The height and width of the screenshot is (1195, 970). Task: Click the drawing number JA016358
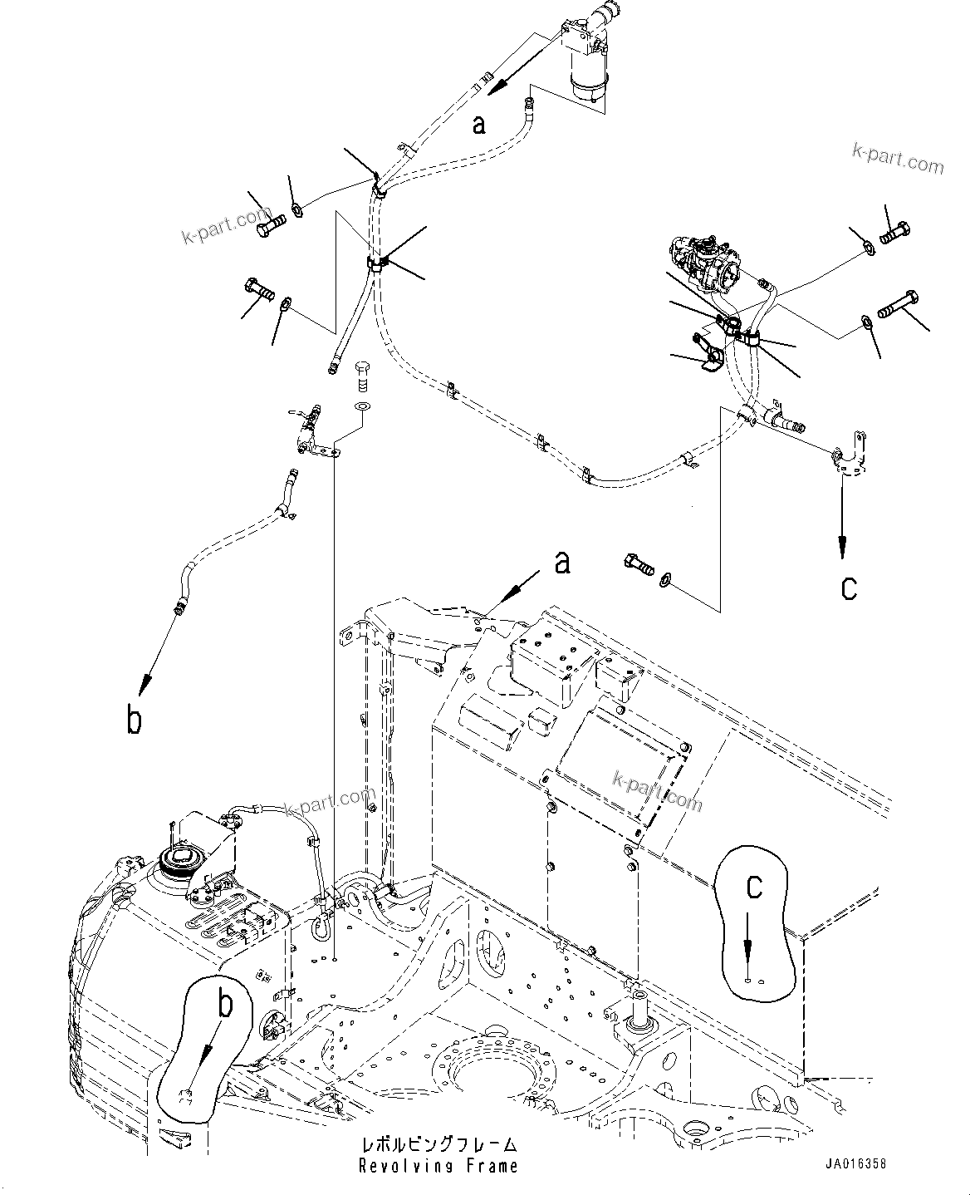tap(856, 1164)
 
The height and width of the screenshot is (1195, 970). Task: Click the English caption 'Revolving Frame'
tap(438, 1166)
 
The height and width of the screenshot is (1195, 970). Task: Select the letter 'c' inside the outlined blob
tap(753, 887)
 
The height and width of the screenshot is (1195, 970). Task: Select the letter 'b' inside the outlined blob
tap(221, 1006)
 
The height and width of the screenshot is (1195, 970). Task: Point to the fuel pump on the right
tap(704, 263)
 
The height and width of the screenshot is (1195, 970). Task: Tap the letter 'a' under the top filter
tap(478, 125)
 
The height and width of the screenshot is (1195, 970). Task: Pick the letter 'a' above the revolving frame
tap(563, 563)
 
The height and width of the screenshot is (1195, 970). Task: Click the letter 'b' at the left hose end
tap(134, 719)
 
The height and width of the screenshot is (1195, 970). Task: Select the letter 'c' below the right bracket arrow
tap(849, 588)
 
